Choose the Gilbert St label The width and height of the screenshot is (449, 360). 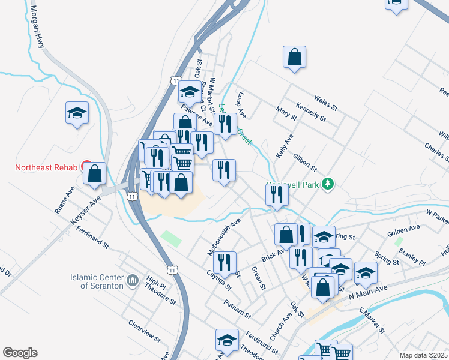(x=305, y=161)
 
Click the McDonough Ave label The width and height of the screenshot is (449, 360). (x=224, y=236)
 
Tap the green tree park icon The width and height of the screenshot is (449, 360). (x=327, y=184)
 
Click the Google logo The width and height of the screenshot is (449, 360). (x=20, y=353)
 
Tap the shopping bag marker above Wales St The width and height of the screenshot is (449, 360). (x=294, y=58)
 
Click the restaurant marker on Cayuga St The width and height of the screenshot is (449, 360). (x=224, y=262)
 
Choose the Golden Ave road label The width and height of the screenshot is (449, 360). (x=403, y=229)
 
